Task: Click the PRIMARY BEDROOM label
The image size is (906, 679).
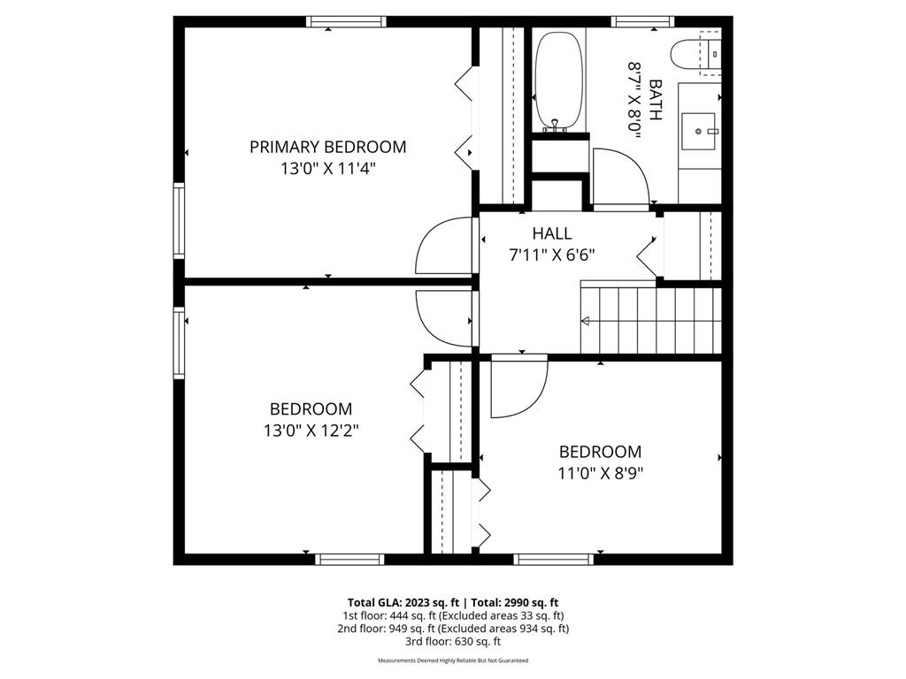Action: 327,147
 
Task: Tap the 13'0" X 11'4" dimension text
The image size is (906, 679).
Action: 327,169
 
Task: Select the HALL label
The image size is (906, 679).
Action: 552,233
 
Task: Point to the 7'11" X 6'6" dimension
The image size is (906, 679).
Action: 552,255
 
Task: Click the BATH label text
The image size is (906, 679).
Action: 656,100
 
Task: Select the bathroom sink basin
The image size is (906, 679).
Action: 699,131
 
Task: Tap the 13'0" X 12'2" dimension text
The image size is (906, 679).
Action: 311,431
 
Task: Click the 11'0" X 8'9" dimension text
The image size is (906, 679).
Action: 601,474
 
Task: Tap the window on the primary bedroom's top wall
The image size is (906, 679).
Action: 346,22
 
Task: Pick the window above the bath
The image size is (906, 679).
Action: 643,22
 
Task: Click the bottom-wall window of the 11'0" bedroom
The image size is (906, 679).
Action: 554,559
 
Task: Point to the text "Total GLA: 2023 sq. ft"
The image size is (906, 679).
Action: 403,603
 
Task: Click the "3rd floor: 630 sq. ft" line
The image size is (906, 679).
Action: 453,641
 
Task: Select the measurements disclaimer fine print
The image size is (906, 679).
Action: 453,660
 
